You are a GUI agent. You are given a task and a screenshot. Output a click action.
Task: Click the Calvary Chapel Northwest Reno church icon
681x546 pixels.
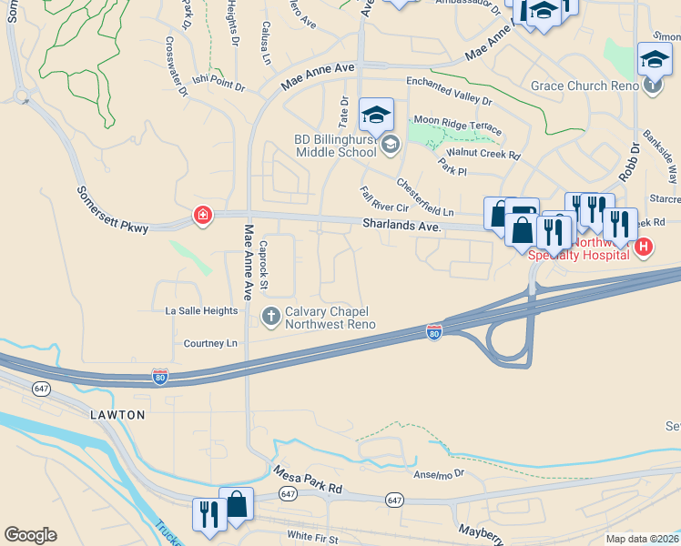pyautogui.click(x=270, y=317)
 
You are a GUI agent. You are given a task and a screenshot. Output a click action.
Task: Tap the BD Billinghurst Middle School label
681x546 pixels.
pyautogui.click(x=335, y=146)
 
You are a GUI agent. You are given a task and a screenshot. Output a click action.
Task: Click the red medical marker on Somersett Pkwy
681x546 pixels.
pyautogui.click(x=202, y=216)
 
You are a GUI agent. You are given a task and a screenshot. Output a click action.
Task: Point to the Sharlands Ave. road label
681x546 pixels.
pyautogui.click(x=401, y=224)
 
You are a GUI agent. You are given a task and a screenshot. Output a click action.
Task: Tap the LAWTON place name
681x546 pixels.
pyautogui.click(x=117, y=415)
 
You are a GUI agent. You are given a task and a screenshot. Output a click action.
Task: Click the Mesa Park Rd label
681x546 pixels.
pyautogui.click(x=308, y=481)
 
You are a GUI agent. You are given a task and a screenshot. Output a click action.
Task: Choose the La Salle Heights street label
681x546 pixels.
pyautogui.click(x=201, y=311)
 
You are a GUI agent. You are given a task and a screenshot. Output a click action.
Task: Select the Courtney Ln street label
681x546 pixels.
pyautogui.click(x=210, y=343)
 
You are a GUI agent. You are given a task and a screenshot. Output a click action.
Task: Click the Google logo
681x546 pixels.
pyautogui.click(x=30, y=535)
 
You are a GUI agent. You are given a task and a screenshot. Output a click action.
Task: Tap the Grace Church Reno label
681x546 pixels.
pyautogui.click(x=584, y=86)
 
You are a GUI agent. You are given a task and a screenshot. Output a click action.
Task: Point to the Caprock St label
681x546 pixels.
pyautogui.click(x=264, y=265)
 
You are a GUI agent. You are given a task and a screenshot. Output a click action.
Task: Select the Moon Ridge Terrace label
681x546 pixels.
pyautogui.click(x=457, y=120)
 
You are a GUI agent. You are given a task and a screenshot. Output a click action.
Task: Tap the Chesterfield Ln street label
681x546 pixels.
pyautogui.click(x=424, y=197)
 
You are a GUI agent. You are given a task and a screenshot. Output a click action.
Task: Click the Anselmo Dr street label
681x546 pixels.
pyautogui.click(x=439, y=473)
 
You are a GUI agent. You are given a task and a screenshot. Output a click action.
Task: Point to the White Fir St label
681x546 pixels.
pyautogui.click(x=312, y=539)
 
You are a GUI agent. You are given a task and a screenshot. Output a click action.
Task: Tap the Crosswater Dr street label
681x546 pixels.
pyautogui.click(x=176, y=66)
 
